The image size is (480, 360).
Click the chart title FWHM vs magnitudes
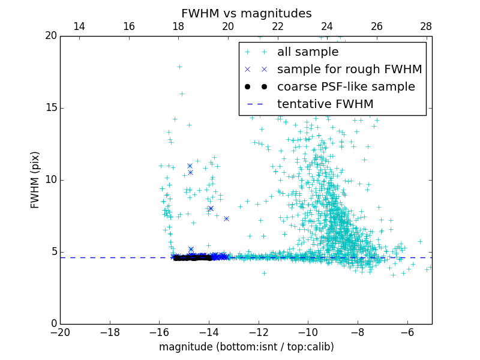[246, 13]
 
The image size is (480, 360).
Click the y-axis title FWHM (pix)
[35, 180]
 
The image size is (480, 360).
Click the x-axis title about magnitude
[246, 347]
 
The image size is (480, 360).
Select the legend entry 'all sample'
[308, 52]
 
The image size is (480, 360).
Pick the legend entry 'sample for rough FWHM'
[349, 70]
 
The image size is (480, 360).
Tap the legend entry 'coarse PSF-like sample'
[346, 87]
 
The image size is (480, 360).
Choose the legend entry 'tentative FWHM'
[325, 104]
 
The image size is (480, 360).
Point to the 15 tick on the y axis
[61, 108]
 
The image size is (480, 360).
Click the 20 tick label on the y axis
[50, 36]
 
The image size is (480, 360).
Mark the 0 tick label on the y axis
[53, 324]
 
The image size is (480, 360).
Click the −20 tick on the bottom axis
[61, 324]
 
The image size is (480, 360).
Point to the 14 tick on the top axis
[79, 36]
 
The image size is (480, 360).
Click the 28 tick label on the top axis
[426, 26]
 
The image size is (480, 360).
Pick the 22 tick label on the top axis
[277, 26]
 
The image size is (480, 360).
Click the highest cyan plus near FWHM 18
[179, 67]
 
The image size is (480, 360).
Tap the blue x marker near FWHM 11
[190, 166]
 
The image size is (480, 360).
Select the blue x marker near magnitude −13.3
[226, 218]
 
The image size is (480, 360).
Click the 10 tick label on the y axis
[50, 180]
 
